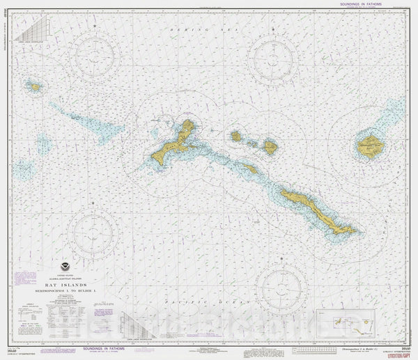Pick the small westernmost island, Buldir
pos(35,86)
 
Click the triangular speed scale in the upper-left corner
pos(32,31)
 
